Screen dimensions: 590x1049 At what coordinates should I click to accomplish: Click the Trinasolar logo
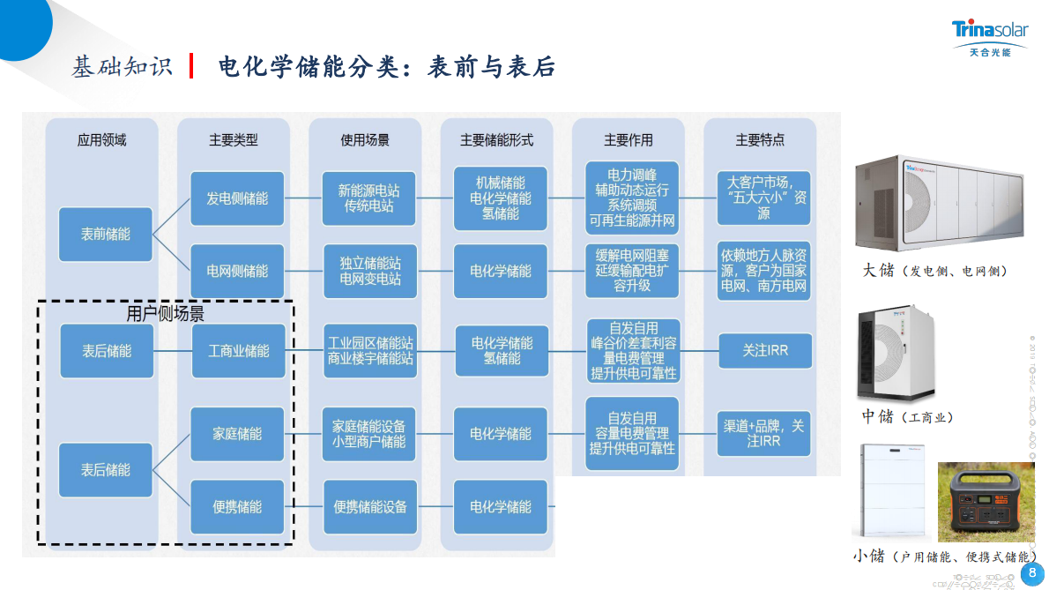989,38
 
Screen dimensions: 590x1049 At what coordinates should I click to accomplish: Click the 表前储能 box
106,235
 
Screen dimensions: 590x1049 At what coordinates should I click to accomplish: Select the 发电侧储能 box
237,198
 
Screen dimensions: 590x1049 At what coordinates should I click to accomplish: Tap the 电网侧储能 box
237,271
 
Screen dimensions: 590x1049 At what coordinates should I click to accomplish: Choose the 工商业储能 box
238,351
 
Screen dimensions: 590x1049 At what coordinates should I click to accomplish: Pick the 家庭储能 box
237,434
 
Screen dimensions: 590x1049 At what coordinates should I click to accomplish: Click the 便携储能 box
237,507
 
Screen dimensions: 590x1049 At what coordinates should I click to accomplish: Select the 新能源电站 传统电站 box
368,198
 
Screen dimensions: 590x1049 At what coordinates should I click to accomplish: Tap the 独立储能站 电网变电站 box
368,271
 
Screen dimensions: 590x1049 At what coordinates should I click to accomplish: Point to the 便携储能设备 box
368,507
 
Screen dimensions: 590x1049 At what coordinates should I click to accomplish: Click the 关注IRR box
764,351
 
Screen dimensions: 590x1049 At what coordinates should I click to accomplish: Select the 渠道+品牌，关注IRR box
764,432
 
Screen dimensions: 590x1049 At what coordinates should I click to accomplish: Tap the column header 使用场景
365,140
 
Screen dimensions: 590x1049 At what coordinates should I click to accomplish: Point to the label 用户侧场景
166,313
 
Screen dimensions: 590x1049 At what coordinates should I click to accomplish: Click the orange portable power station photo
985,502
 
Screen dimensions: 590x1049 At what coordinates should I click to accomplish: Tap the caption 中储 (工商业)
907,416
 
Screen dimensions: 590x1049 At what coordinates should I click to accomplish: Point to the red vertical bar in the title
191,66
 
